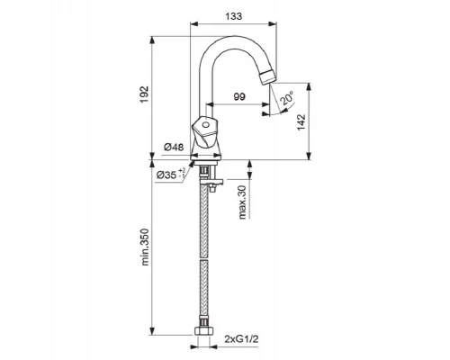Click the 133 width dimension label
(x=234, y=16)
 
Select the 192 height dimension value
(x=144, y=94)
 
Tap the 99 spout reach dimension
(x=239, y=96)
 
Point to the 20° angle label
(x=286, y=99)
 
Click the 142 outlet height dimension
(x=301, y=122)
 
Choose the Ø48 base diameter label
(x=174, y=147)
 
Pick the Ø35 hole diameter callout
(x=171, y=175)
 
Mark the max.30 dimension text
(x=242, y=202)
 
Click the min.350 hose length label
(x=145, y=247)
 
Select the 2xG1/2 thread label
(x=241, y=339)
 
